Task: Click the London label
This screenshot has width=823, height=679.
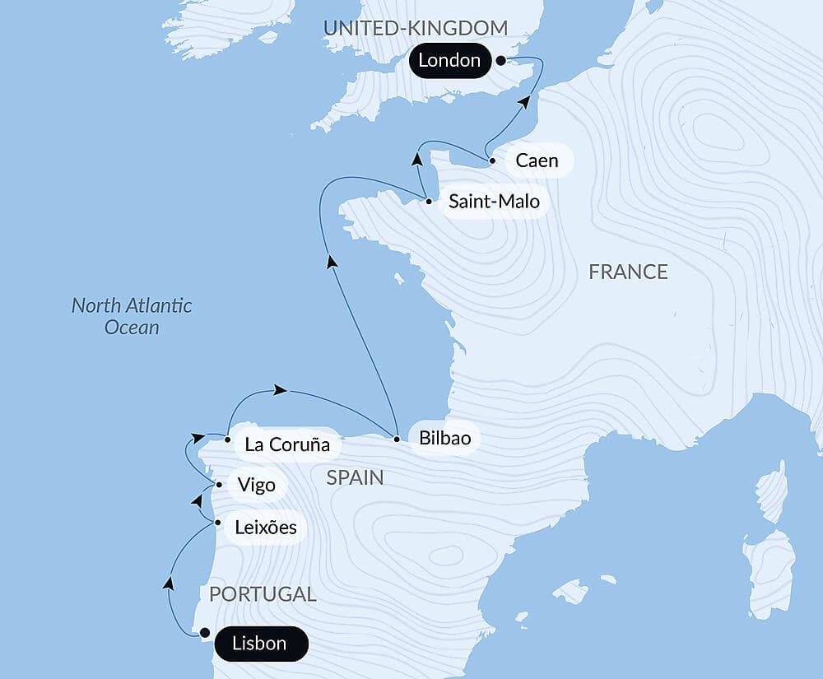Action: [449, 60]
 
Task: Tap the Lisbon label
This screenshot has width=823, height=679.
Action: [260, 644]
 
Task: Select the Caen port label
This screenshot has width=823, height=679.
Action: [537, 160]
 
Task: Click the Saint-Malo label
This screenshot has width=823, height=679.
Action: [495, 201]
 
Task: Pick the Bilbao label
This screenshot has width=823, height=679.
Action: [444, 439]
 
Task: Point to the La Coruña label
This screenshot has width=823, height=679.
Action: [287, 445]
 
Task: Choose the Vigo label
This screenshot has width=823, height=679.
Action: [256, 485]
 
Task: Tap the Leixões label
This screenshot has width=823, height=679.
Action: [265, 527]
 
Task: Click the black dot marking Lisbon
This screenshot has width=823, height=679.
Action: [205, 633]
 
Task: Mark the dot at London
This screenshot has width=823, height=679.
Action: [500, 60]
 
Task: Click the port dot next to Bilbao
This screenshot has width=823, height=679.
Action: [397, 439]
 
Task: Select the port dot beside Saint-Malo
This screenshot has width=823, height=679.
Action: [429, 200]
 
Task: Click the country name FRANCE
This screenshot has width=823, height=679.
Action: [628, 272]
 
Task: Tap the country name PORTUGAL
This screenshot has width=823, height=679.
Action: [263, 594]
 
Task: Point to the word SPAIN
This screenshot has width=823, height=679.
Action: [355, 477]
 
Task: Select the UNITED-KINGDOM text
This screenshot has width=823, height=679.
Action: [415, 28]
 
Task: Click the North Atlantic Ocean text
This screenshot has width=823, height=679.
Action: [132, 316]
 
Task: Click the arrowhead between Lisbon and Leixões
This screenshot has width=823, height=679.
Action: [169, 583]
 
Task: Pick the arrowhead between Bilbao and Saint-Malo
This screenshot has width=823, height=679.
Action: [332, 262]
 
